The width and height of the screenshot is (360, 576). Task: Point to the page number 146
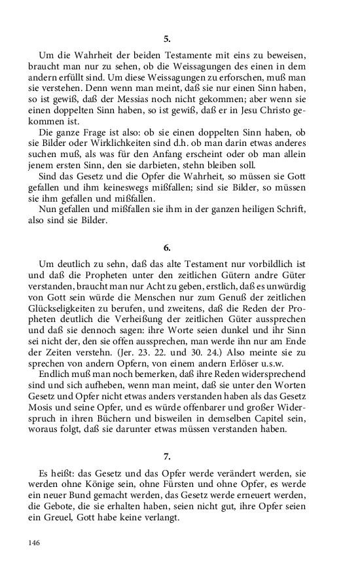[35, 542]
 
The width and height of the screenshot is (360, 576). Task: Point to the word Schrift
[289, 209]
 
